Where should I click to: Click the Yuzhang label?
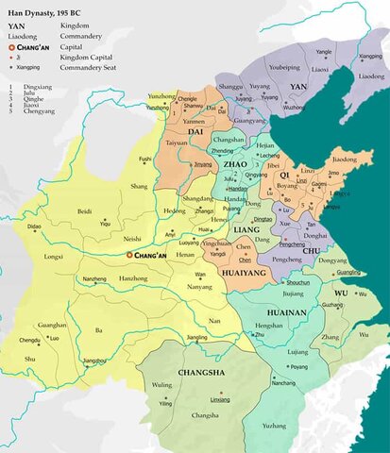(275, 425)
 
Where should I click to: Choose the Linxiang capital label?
(220, 399)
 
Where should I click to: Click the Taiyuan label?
(178, 143)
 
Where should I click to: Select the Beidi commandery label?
(85, 211)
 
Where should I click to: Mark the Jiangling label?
(196, 337)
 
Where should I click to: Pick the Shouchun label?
(272, 283)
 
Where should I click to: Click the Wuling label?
(163, 385)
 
